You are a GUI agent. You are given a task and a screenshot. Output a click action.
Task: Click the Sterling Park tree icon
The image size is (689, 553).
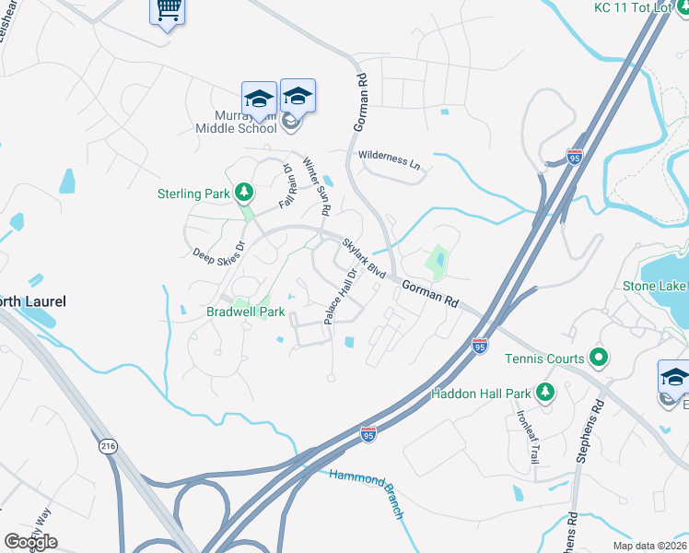click(244, 193)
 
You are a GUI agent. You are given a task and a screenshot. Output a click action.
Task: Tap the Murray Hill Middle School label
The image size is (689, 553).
click(234, 121)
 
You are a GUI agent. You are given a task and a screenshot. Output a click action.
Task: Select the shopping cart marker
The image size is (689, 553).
click(167, 11)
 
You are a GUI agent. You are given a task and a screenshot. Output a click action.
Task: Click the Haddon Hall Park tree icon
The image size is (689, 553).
click(545, 394)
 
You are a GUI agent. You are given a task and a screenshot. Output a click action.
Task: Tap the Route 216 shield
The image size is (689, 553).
click(108, 444)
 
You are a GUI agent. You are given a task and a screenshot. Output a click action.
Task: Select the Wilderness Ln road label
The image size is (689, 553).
click(389, 159)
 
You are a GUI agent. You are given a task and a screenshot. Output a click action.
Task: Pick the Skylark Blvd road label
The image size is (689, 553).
click(364, 258)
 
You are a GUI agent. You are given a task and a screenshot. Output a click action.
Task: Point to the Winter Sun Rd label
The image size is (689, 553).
click(317, 184)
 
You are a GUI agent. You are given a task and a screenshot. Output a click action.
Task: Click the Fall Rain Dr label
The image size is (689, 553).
click(286, 184)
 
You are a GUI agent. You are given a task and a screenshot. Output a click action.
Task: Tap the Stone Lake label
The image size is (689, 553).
click(655, 286)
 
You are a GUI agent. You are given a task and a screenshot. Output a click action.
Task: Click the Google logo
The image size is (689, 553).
click(30, 542)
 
